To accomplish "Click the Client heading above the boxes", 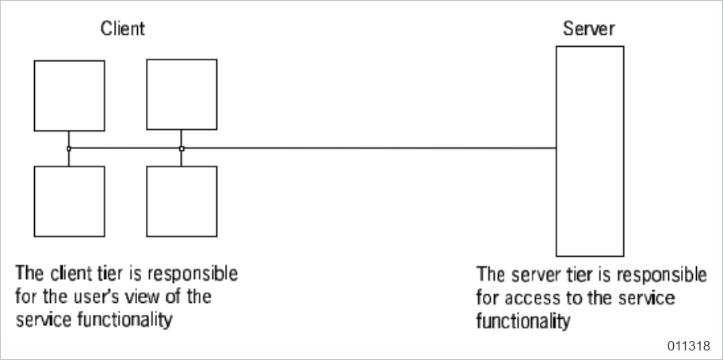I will click(x=122, y=29).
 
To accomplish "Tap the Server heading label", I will click(x=588, y=29).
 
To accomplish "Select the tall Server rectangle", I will click(x=589, y=150).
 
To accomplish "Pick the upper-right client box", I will click(x=182, y=94).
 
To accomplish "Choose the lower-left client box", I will click(x=69, y=201).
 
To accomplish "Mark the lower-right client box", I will click(x=182, y=201).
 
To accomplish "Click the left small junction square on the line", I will click(x=69, y=148).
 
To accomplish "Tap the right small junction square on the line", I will click(x=182, y=148).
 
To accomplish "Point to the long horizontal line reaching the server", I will click(x=373, y=148).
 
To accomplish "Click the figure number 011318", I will click(x=690, y=346).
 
